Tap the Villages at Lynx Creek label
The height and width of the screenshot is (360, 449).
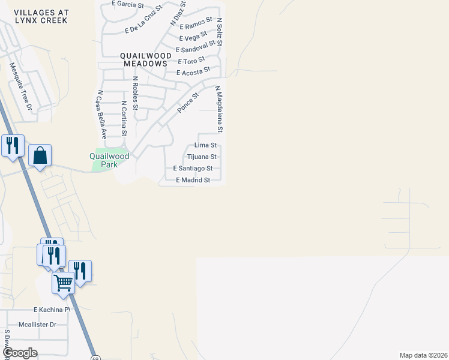click(40, 16)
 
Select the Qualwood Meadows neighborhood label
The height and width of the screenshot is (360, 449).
click(145, 59)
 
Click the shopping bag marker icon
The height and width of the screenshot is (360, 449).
click(40, 156)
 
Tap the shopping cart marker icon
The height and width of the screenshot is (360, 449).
click(63, 283)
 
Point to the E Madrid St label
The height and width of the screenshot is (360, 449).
click(193, 180)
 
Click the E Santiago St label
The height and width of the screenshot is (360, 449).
click(192, 169)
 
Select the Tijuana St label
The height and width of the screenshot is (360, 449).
click(202, 157)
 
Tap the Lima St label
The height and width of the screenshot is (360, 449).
click(205, 145)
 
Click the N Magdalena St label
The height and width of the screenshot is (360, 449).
click(220, 109)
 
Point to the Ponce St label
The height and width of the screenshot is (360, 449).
click(187, 103)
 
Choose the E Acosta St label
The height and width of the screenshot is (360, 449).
click(193, 71)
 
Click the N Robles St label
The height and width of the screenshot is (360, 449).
click(136, 93)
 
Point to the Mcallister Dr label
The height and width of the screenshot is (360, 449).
click(37, 325)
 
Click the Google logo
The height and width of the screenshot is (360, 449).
click(19, 353)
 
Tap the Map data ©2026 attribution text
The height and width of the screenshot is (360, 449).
click(423, 355)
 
